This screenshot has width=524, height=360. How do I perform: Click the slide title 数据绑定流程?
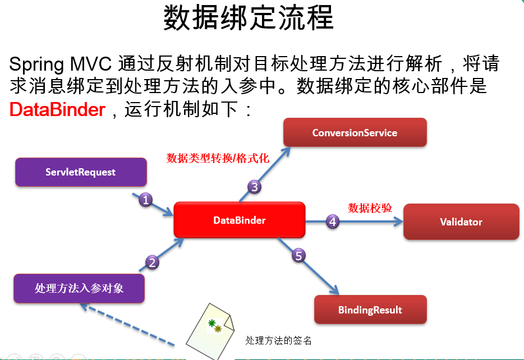tap(249, 19)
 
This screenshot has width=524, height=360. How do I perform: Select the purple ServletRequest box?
tap(80, 172)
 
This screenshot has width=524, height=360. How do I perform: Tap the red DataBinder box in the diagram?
tap(239, 220)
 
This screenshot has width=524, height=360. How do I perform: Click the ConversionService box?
tap(355, 133)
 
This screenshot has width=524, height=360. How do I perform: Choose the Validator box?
tap(461, 222)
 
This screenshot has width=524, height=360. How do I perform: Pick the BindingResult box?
tap(370, 310)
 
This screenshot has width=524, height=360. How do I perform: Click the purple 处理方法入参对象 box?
tap(79, 289)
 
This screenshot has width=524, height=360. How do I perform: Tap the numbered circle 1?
tap(145, 200)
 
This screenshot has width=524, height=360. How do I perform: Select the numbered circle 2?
tap(152, 261)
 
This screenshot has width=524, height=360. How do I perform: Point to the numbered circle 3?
tap(254, 187)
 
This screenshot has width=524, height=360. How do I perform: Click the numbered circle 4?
tap(333, 222)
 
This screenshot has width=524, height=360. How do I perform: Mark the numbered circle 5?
tap(298, 256)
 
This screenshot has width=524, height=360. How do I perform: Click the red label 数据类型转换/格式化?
tap(218, 159)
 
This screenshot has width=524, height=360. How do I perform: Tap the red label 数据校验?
tap(370, 208)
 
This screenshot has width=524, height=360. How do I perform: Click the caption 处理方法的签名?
tap(278, 340)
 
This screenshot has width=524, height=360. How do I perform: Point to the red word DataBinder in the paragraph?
tap(57, 109)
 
